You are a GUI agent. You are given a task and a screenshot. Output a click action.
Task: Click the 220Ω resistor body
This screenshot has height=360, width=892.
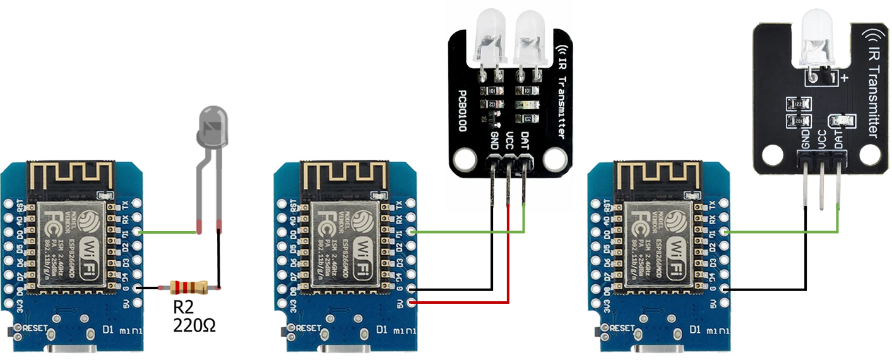click(189, 287)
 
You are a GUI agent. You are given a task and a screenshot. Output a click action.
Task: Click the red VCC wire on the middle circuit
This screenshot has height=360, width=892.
click(508, 265)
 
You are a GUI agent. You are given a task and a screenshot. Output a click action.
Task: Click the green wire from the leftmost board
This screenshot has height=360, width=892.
click(167, 232)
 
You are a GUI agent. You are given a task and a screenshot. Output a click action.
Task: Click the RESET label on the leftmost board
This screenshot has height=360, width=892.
click(39, 328)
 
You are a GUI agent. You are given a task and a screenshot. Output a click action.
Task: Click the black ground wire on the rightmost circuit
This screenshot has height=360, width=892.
click(806, 265)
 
